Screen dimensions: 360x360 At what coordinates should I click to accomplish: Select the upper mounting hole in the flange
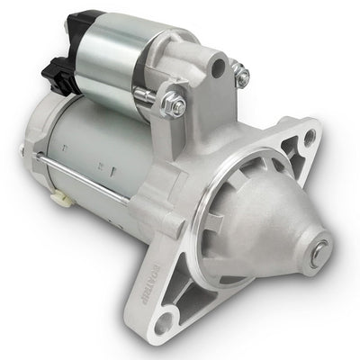pyautogui.click(x=309, y=138)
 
